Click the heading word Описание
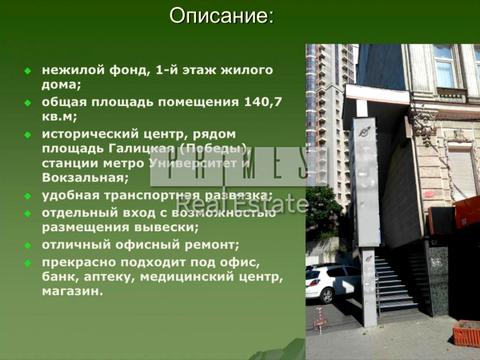pyautogui.click(x=220, y=16)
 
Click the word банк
pyautogui.click(x=58, y=276)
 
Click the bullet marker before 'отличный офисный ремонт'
pyautogui.click(x=28, y=245)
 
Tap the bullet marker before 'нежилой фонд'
pyautogui.click(x=28, y=71)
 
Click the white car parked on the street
pyautogui.click(x=331, y=282)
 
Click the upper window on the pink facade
pyautogui.click(x=444, y=66)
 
